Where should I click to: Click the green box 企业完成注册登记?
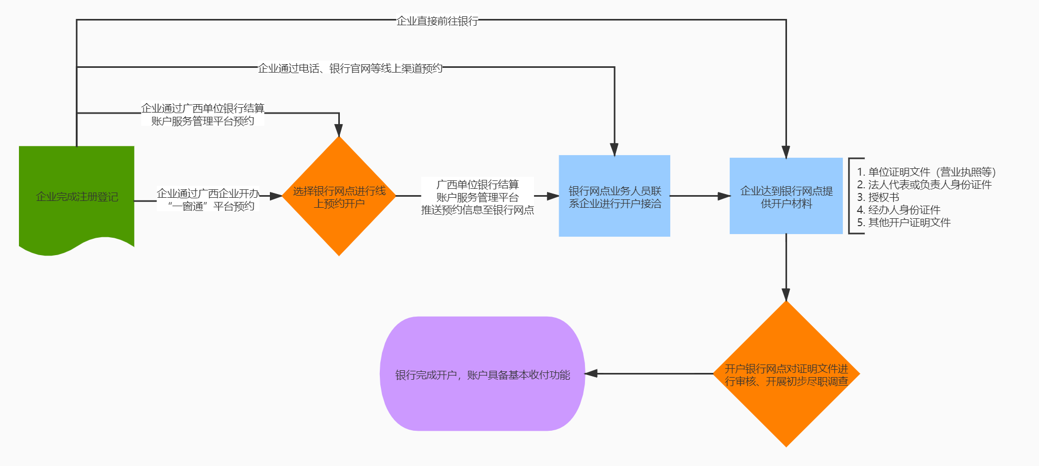(x=77, y=197)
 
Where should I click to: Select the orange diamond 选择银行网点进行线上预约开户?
(x=339, y=197)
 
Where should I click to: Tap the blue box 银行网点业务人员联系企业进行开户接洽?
(x=614, y=196)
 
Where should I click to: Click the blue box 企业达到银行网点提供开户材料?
(x=786, y=196)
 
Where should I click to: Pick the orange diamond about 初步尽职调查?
(x=786, y=374)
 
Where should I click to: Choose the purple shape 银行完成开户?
(x=482, y=374)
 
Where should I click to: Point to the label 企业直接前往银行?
(x=437, y=21)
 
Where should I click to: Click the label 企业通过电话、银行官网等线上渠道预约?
(x=350, y=68)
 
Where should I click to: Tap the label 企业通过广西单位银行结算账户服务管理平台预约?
(x=203, y=115)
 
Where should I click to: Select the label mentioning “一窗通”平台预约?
(x=208, y=200)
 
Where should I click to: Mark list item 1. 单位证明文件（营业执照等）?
(x=926, y=172)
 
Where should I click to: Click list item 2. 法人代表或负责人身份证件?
(x=924, y=185)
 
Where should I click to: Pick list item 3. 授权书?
(x=878, y=197)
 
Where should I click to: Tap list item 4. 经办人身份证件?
(x=899, y=210)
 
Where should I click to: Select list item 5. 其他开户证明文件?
(x=903, y=222)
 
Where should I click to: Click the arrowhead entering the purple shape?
(x=592, y=373)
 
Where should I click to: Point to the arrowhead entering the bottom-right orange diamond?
(x=786, y=295)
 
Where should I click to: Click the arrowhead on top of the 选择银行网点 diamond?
(x=339, y=130)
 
